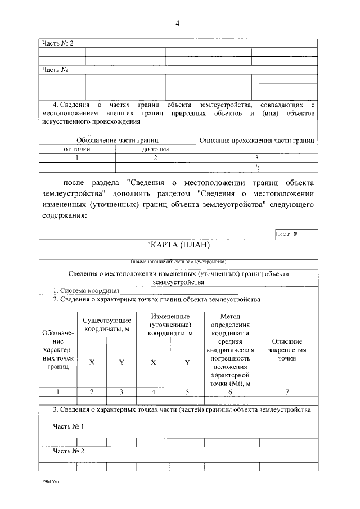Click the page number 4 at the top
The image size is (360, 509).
[178, 24]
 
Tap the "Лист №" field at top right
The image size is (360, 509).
[295, 233]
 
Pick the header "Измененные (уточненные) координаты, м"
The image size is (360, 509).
[170, 325]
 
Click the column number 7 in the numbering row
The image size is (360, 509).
[287, 392]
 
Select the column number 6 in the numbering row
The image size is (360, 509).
[229, 392]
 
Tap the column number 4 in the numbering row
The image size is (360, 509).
[153, 392]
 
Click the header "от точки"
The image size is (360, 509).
[77, 149]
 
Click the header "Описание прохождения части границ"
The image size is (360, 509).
[256, 139]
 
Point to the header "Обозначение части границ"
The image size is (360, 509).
[117, 140]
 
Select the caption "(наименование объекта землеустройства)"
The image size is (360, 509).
[178, 262]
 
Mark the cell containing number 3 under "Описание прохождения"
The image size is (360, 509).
[256, 158]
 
